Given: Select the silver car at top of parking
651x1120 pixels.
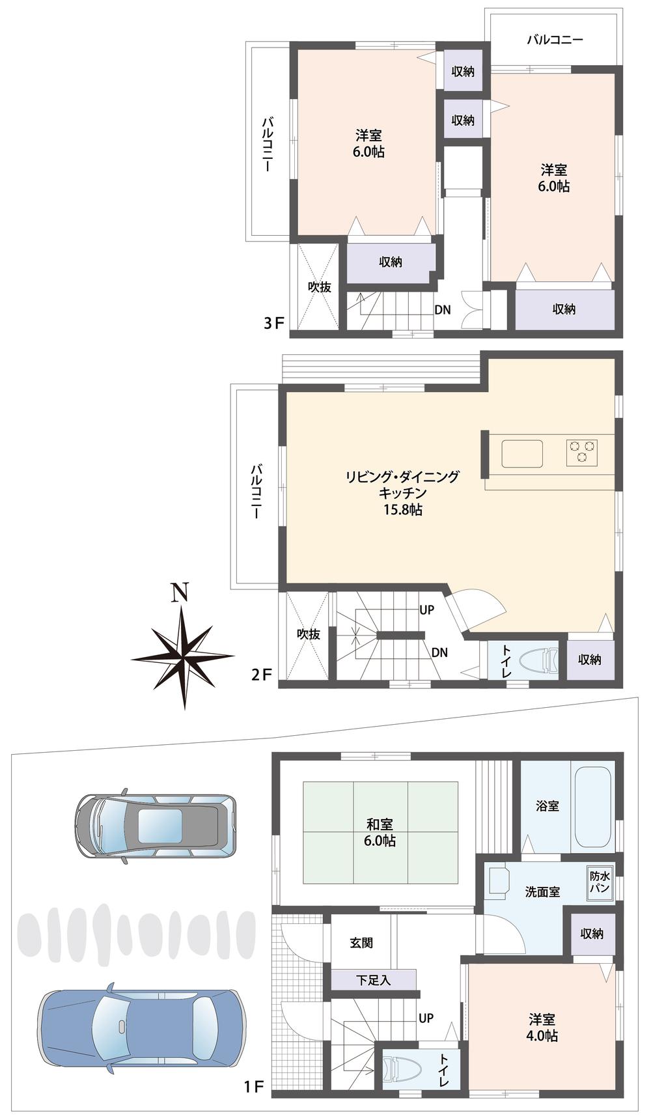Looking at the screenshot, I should point(154,826).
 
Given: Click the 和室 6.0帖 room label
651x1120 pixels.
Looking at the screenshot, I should point(380,833).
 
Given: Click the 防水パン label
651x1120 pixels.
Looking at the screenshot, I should point(599,882).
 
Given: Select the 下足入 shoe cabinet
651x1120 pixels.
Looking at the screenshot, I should point(373,979).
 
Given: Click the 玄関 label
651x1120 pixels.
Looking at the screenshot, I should point(361,942).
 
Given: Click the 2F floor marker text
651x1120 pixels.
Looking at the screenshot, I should point(261,675).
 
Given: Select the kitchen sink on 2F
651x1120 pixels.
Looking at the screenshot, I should point(521,453).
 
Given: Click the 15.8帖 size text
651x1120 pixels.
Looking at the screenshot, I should point(402,510).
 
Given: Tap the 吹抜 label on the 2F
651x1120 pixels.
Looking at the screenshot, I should point(309,634).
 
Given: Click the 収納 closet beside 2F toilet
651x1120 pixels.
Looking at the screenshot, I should point(589,660).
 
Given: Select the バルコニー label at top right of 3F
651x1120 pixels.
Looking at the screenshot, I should point(555,40).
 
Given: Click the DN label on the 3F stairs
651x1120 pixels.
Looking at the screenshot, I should point(443,310).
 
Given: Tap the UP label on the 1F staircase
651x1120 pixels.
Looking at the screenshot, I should point(426,1018).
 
